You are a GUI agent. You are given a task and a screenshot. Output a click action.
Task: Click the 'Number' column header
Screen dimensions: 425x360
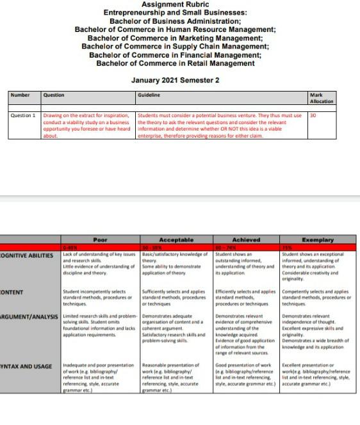coord(20,95)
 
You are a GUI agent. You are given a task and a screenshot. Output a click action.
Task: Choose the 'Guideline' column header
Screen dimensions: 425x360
coord(149,95)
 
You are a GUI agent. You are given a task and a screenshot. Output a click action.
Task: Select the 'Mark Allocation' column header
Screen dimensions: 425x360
coord(322,98)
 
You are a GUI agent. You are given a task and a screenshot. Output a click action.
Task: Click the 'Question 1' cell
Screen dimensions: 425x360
coord(23,116)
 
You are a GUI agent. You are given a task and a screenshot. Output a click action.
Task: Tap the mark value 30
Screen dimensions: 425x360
coord(313,116)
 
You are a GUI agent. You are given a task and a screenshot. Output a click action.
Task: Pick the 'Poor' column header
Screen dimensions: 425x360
coord(100,240)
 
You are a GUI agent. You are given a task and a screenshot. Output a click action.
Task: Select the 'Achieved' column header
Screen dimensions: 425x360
coord(246,240)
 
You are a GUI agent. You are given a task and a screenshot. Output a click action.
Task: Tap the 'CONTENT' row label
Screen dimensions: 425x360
coord(13,292)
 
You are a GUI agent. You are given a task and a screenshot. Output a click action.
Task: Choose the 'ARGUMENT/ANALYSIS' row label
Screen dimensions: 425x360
coord(29,316)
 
